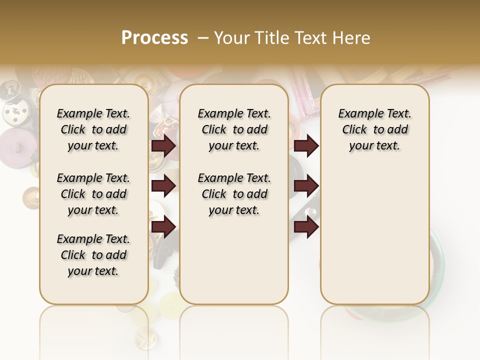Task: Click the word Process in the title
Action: [154, 38]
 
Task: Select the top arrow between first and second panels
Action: [163, 145]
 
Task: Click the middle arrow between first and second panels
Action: [163, 185]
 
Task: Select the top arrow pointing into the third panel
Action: [306, 145]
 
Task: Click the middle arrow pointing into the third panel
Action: [306, 185]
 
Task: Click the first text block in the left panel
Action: [93, 129]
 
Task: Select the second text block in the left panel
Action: [93, 194]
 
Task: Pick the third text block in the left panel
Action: [93, 255]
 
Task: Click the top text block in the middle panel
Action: [234, 129]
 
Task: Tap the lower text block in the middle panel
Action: [234, 194]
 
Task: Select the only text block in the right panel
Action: [374, 129]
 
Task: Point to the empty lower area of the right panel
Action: [374, 235]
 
